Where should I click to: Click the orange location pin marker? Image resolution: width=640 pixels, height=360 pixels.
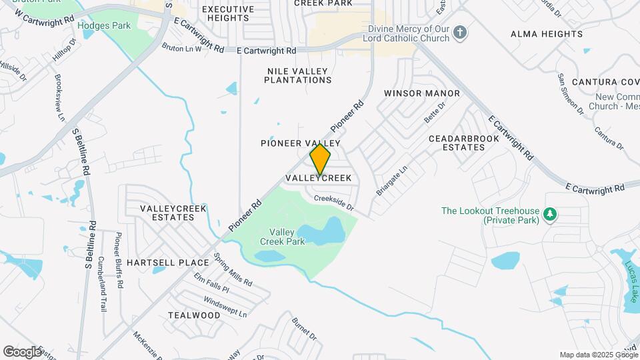pos(320,159)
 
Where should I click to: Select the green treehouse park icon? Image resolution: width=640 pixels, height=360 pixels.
pos(550,215)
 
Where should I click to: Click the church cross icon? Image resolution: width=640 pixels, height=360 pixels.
pos(459,33)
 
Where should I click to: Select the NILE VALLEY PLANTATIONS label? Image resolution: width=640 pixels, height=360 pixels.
pos(297,75)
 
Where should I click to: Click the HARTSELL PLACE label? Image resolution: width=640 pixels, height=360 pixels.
pos(168,263)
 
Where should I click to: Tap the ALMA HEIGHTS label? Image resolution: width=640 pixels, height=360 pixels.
pos(546,34)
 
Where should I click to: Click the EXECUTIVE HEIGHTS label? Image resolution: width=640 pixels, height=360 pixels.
pos(228,13)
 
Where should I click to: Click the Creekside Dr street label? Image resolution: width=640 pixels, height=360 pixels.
pos(333,202)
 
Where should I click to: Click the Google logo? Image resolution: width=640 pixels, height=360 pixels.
pos(22,351)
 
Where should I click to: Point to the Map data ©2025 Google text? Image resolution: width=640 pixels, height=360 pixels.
pos(597,355)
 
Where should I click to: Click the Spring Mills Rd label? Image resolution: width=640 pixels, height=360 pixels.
pos(233,270)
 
